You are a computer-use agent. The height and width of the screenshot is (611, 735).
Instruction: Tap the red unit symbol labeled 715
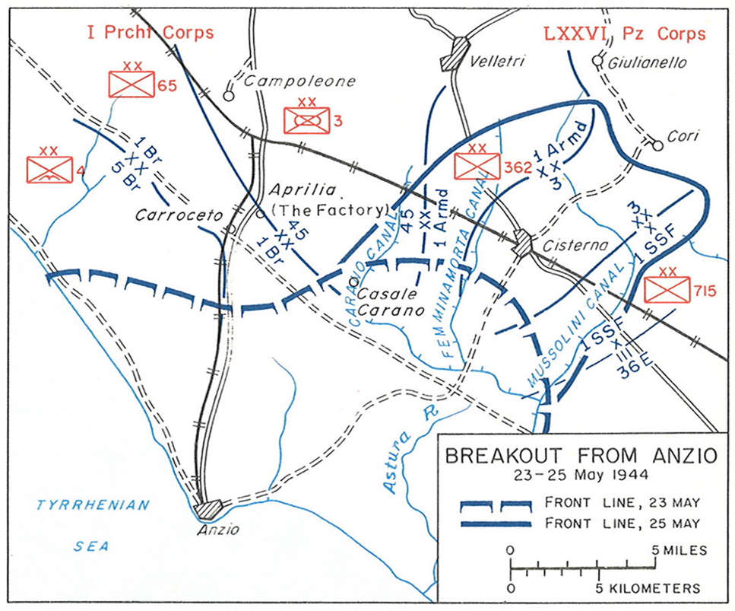coord(666,288)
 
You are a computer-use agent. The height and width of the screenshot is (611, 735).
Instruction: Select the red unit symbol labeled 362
coord(476,165)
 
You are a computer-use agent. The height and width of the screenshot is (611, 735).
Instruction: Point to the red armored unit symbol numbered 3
coord(306,119)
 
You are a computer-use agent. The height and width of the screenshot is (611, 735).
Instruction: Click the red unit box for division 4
coord(49,169)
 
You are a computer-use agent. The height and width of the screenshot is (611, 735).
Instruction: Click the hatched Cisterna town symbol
coord(522,243)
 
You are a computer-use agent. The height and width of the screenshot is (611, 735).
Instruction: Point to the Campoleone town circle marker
coord(228,96)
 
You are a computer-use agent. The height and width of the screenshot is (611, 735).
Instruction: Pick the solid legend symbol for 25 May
coord(499,522)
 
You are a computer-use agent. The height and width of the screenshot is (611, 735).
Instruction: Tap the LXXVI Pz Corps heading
coord(623,33)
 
